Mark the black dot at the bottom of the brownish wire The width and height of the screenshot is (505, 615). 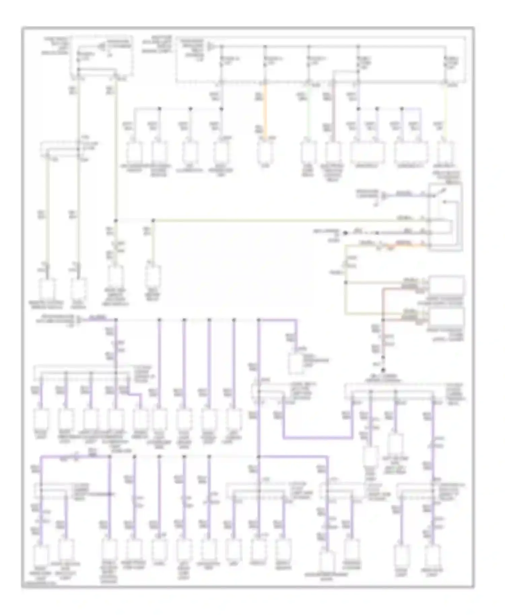(383, 369)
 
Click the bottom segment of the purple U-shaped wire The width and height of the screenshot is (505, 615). (318, 438)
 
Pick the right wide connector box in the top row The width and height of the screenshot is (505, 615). (411, 152)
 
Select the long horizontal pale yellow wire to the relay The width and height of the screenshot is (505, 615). (269, 220)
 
